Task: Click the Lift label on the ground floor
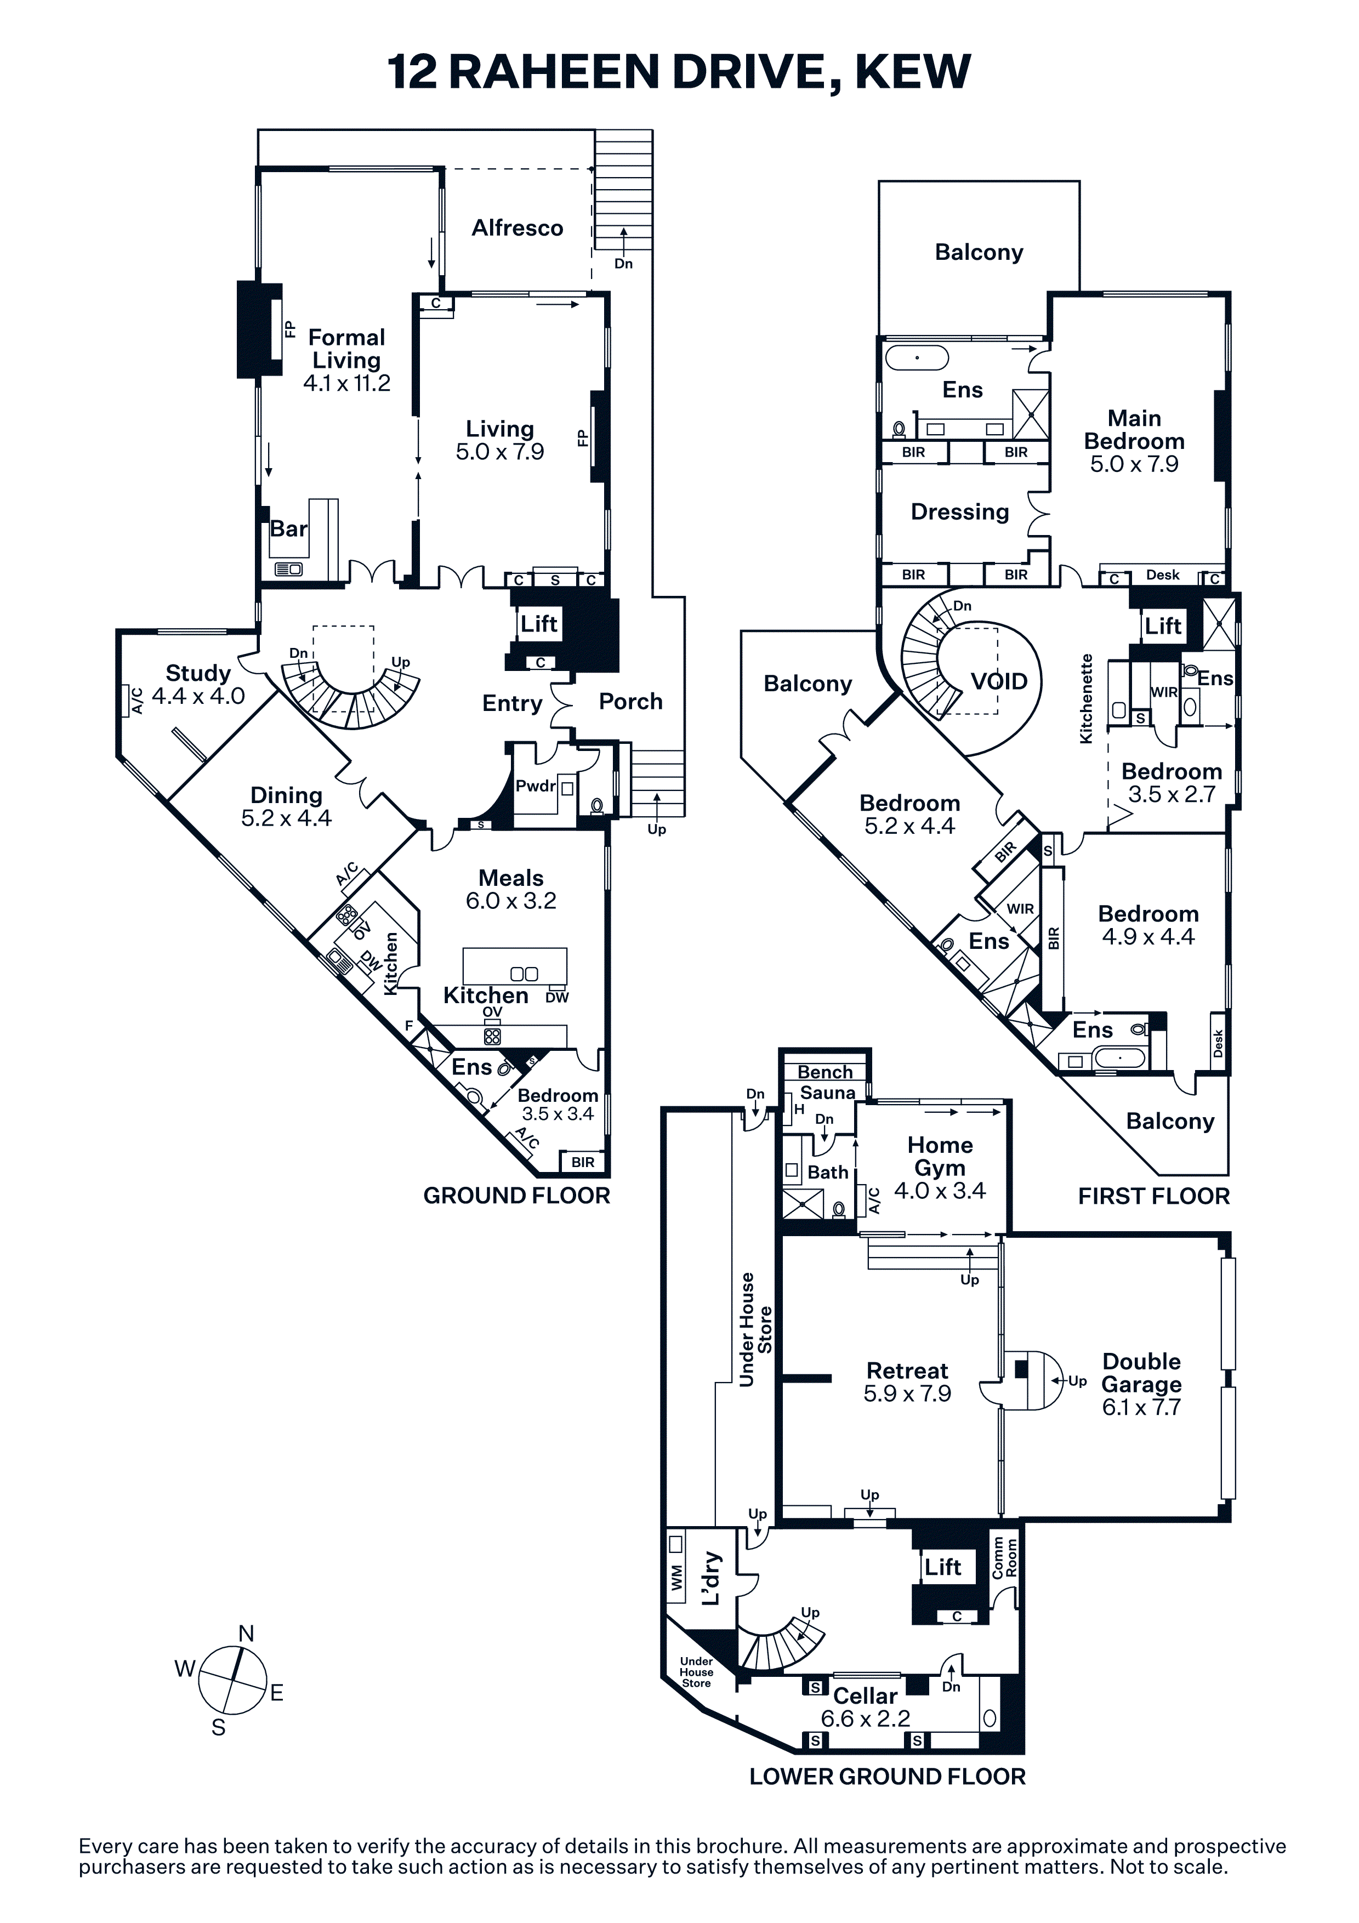[538, 623]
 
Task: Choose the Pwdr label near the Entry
[536, 786]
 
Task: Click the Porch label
[630, 702]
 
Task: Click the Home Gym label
[940, 1157]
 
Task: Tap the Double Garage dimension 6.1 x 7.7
[1141, 1407]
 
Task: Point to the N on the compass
[246, 1633]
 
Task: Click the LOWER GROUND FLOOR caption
[887, 1777]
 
